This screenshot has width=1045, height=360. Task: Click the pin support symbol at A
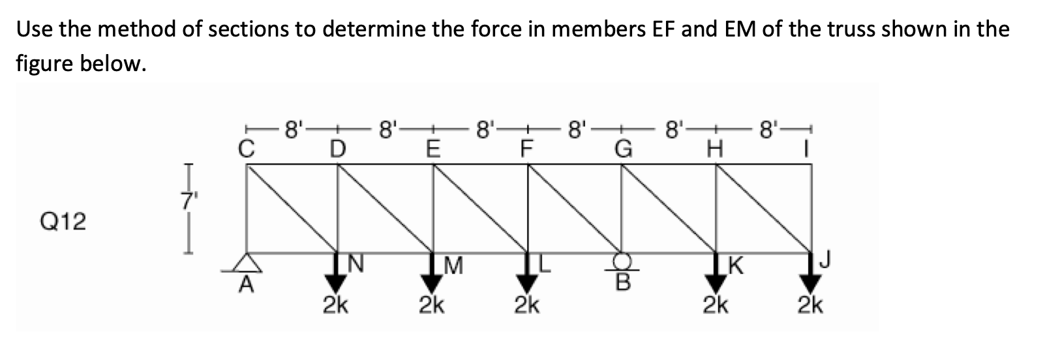[x=246, y=262]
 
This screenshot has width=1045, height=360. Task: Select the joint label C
[x=245, y=149]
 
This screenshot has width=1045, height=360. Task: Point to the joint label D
[x=337, y=149]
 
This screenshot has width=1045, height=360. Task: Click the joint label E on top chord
[x=431, y=149]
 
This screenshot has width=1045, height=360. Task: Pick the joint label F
[x=526, y=149]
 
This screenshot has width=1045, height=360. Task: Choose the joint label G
[x=622, y=149]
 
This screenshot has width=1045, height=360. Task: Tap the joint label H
[x=716, y=149]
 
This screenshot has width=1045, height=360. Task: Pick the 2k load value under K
[x=716, y=304]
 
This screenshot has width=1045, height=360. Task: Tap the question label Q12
[x=63, y=222]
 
